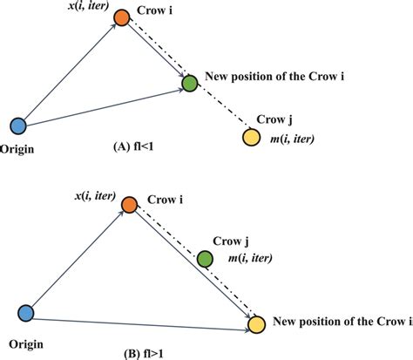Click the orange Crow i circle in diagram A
[x=122, y=16]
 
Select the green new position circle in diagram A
[x=189, y=85]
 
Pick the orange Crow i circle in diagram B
[x=129, y=205]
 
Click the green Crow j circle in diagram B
[x=206, y=259]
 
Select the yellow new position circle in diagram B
[x=256, y=324]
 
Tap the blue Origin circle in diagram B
[x=26, y=311]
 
